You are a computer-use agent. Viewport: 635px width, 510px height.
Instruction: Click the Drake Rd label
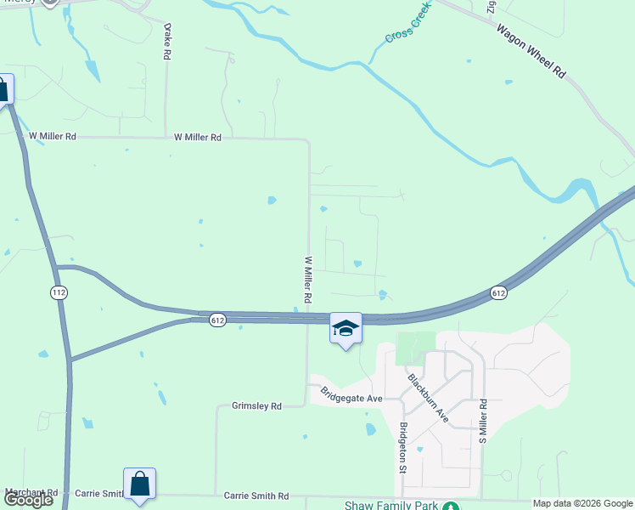tap(167, 41)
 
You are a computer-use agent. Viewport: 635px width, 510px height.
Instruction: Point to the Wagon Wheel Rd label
tap(531, 52)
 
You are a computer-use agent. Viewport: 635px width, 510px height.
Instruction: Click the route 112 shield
tap(58, 292)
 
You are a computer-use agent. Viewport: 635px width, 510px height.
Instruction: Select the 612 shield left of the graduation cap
tap(218, 320)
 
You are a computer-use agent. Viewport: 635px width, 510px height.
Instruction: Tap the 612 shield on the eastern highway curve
tap(498, 293)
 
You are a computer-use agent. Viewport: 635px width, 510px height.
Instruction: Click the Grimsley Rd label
tap(256, 406)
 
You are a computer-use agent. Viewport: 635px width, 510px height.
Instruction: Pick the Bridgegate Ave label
tap(352, 396)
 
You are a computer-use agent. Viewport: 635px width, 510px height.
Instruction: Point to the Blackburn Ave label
tap(428, 398)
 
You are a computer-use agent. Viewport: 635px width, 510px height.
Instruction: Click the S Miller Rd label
tap(482, 422)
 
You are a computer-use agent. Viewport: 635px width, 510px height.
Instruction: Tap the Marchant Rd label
tap(31, 492)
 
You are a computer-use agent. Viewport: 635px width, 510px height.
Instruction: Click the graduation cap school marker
tap(346, 329)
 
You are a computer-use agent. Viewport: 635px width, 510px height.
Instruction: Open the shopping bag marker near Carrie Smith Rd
tap(140, 484)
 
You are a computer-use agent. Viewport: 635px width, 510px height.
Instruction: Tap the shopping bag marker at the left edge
tap(3, 89)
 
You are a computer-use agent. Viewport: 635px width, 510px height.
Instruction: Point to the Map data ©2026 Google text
tap(582, 503)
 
